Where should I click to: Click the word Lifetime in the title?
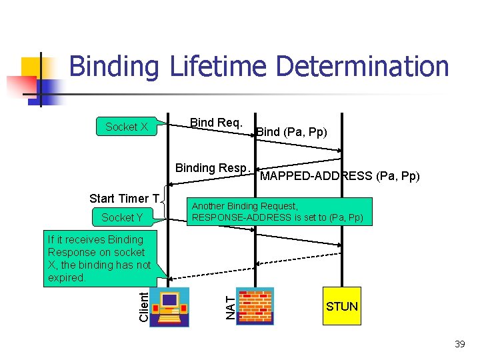click(x=216, y=67)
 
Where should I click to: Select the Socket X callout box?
click(x=127, y=127)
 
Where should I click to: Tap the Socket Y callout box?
click(x=122, y=217)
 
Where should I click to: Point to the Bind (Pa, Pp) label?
click(x=292, y=132)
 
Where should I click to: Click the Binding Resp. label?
click(x=213, y=168)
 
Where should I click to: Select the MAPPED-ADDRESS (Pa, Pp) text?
click(x=339, y=177)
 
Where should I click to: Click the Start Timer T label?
click(x=125, y=199)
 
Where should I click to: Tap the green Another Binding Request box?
click(x=278, y=212)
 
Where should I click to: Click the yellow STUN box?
click(x=341, y=306)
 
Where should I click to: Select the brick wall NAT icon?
click(x=255, y=307)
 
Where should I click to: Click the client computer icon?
click(x=169, y=307)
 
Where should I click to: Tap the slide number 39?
click(x=459, y=344)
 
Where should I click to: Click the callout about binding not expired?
click(x=99, y=259)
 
